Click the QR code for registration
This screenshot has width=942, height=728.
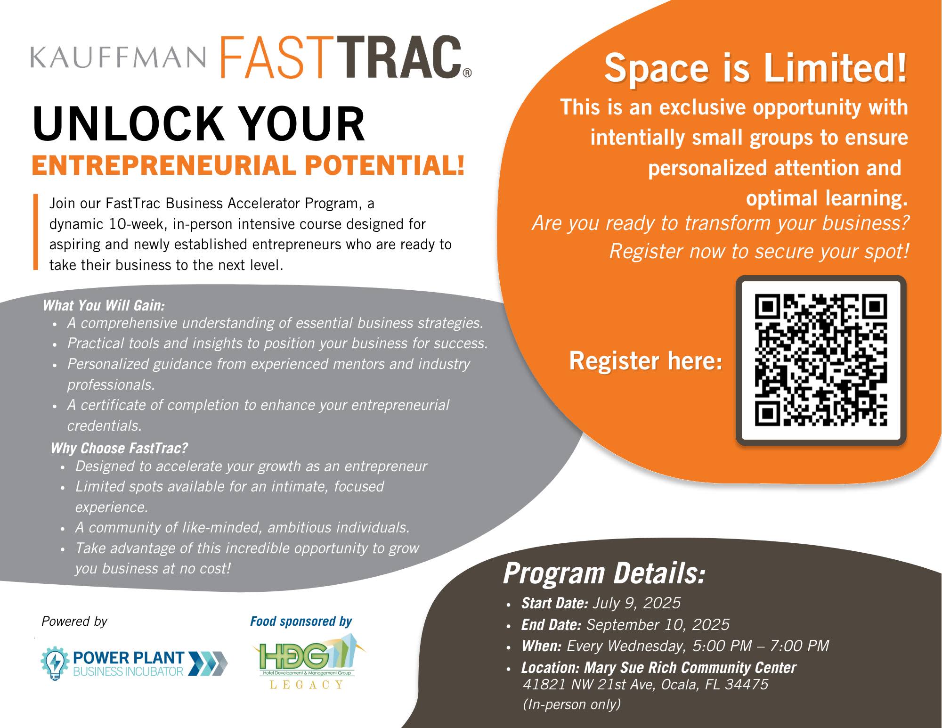(x=820, y=360)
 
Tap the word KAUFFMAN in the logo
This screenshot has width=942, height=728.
(x=118, y=57)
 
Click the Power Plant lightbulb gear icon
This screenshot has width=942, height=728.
(x=55, y=663)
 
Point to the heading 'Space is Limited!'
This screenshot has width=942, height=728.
(x=755, y=68)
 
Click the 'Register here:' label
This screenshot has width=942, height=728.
(x=645, y=361)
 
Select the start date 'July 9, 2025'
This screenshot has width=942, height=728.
(x=636, y=603)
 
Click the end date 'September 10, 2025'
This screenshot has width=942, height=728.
(x=658, y=624)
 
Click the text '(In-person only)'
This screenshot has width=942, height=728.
(x=572, y=704)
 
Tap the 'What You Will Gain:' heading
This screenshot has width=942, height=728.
(x=104, y=305)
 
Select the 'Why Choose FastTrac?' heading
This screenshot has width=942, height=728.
(x=119, y=448)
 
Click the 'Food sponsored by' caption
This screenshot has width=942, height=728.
(x=301, y=621)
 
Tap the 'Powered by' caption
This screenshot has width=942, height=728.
(x=74, y=621)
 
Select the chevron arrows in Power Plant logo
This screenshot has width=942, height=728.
(x=208, y=663)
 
